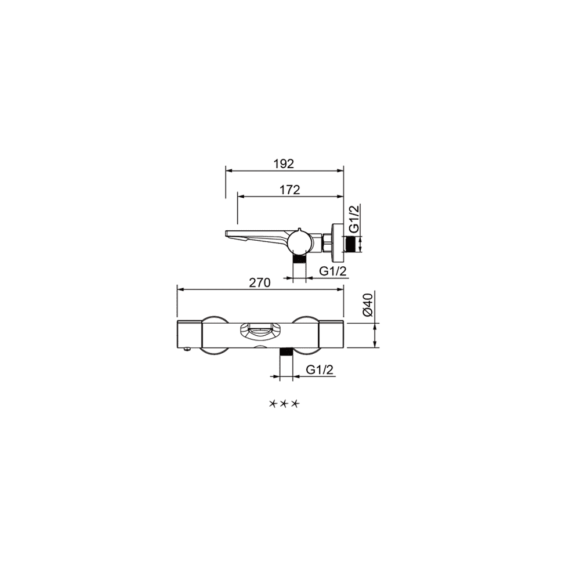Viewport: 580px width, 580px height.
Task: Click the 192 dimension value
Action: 284,164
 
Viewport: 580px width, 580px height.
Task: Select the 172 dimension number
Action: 289,190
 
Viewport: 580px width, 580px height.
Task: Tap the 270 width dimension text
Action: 260,282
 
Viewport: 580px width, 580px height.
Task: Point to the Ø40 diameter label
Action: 368,304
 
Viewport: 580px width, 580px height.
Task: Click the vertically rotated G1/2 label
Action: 354,219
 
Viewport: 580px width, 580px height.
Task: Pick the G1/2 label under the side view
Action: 333,271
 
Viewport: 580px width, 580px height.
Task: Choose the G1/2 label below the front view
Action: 320,369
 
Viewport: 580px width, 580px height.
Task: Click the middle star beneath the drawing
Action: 284,404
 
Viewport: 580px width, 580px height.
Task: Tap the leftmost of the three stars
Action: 273,404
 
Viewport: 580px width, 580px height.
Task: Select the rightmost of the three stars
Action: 295,404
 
